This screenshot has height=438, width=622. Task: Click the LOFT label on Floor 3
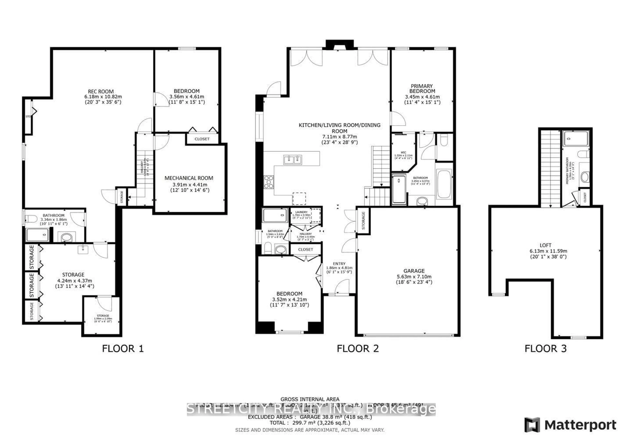pyautogui.click(x=545, y=245)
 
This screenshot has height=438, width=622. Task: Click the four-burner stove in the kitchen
pyautogui.click(x=269, y=182)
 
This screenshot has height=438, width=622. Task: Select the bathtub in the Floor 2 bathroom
pyautogui.click(x=444, y=184)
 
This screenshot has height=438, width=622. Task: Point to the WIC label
pyautogui.click(x=403, y=153)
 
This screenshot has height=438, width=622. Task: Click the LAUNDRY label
pyautogui.click(x=301, y=212)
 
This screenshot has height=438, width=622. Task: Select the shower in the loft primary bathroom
pyautogui.click(x=575, y=139)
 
